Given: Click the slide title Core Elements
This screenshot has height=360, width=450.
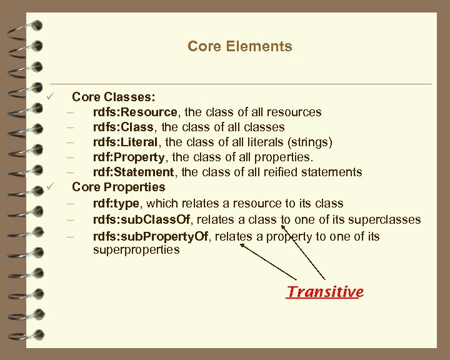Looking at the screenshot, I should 239,46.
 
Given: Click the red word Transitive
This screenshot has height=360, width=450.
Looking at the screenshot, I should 324,292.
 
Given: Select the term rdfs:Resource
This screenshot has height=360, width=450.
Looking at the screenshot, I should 135,112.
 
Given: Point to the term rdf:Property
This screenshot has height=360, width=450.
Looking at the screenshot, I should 129,157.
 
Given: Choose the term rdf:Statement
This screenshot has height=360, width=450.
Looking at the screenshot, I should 133,172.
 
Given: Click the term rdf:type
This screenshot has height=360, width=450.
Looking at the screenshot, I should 117,203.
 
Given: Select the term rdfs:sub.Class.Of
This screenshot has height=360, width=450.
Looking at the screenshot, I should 141,220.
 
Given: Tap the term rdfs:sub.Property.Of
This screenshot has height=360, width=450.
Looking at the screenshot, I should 149,236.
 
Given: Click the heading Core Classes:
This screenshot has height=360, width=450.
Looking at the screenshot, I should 114,97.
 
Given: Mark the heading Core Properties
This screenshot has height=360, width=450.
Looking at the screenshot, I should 119,187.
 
